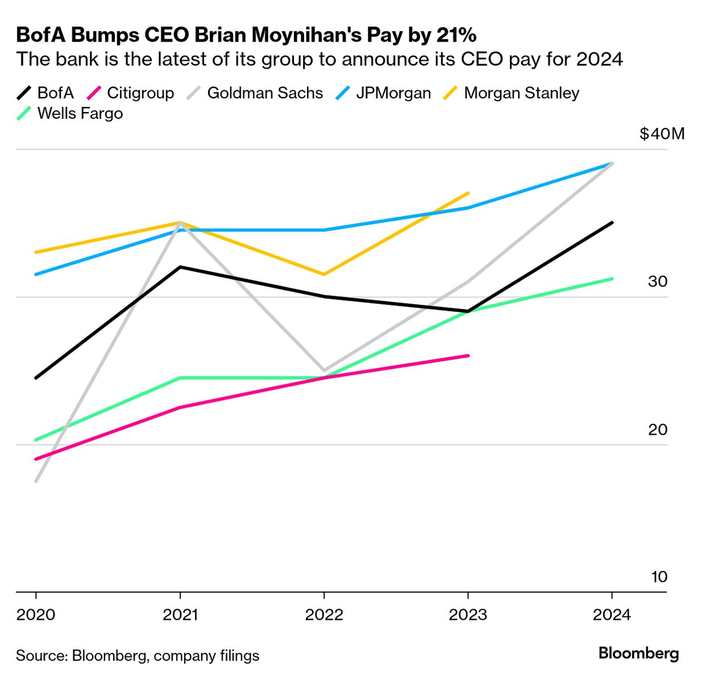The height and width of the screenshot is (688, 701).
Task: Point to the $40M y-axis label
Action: click(x=662, y=134)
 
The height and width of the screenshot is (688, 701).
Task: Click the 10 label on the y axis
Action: click(x=659, y=577)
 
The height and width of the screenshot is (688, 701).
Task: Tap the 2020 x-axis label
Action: click(x=36, y=615)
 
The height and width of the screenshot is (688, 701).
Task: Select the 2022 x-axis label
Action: click(x=324, y=615)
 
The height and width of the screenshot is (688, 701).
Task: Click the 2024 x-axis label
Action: click(x=612, y=615)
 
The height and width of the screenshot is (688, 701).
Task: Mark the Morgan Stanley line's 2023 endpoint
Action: click(x=468, y=193)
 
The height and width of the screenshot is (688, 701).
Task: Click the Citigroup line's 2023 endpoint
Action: click(x=468, y=356)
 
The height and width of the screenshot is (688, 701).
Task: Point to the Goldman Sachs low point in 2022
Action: click(x=324, y=371)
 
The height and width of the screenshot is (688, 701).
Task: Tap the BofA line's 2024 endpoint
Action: click(x=612, y=223)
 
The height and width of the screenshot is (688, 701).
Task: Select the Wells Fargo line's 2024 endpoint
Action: click(x=612, y=279)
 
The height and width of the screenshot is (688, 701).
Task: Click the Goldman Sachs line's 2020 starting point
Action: click(x=36, y=481)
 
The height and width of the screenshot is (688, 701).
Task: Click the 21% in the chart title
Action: click(x=456, y=35)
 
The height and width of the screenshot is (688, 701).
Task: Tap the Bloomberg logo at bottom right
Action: click(x=638, y=653)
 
